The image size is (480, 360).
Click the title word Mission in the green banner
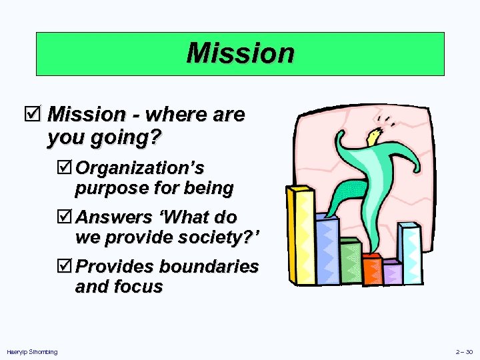(x=240, y=53)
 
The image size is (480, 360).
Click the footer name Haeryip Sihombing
(x=31, y=351)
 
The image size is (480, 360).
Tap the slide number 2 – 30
(x=464, y=351)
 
